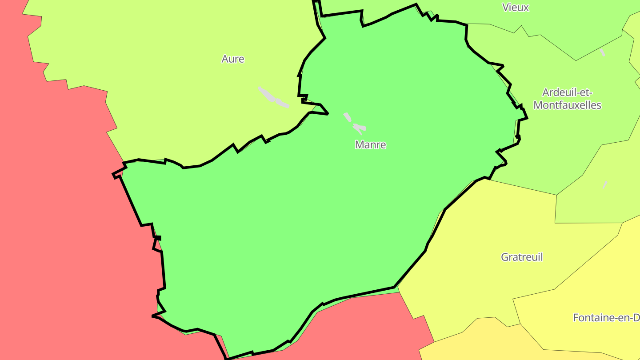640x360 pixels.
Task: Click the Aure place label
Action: (233, 59)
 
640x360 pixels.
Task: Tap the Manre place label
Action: (370, 145)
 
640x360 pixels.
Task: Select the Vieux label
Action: (516, 8)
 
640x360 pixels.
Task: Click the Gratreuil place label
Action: (522, 257)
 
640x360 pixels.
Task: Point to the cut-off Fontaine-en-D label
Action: (606, 318)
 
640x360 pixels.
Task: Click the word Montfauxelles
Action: (567, 105)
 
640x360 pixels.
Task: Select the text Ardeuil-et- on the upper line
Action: (567, 93)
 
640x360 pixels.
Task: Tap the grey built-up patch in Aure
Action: (272, 97)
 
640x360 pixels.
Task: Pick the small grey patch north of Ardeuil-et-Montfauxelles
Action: (603, 52)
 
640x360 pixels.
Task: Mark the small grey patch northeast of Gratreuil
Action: (605, 184)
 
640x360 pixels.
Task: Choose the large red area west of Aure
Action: (53, 200)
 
